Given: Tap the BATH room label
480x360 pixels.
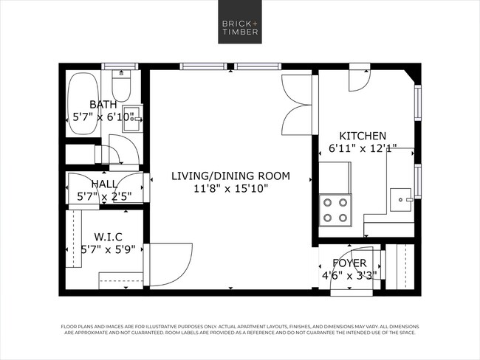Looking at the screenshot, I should coord(103,104).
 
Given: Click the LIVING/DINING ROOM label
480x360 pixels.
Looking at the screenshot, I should coord(230,176).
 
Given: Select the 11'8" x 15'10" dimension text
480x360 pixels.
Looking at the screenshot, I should coord(230,189).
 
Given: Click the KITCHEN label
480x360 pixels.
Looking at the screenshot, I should coord(363,136).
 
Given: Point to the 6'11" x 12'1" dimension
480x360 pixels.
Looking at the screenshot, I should coord(363,148).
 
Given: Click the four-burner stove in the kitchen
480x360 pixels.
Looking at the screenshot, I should coord(335,210).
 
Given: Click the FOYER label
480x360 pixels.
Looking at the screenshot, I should coord(349,263).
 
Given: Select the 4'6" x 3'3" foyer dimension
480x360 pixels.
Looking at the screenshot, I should coord(349,276).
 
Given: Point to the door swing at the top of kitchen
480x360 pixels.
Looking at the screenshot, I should coord(358,79).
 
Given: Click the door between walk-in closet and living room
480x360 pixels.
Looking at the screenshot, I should coord(168,264).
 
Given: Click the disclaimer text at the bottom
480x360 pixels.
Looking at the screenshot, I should coord(239,329).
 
